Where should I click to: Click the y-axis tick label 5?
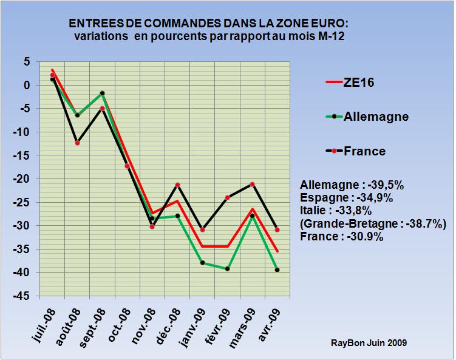[x=27, y=62]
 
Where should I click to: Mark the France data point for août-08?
[x=77, y=143]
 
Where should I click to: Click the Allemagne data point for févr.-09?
[x=227, y=268]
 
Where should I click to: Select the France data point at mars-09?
[x=252, y=184]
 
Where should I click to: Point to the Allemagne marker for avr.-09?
[x=277, y=270]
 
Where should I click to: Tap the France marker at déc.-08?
[x=177, y=185]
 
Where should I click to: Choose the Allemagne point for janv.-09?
[x=202, y=263]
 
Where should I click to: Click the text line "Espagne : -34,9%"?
[x=347, y=198]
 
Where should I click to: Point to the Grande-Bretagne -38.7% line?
[x=373, y=224]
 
